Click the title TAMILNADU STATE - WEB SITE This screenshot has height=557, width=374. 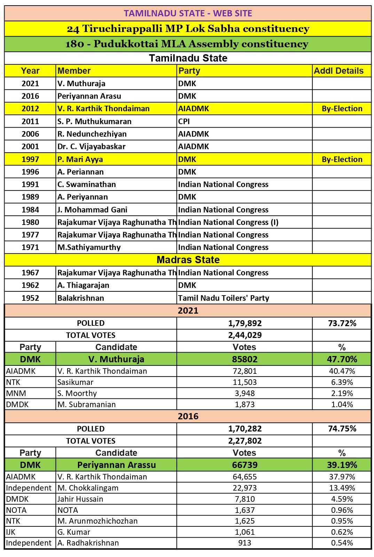(188, 13)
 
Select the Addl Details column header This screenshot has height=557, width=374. (339, 71)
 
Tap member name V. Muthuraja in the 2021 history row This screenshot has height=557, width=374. (81, 83)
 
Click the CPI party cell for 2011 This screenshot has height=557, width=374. (184, 121)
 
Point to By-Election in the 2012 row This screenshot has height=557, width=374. (342, 108)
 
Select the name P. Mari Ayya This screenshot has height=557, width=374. (80, 159)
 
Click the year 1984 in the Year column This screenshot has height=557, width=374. (30, 210)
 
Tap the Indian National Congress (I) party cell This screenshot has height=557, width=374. (228, 222)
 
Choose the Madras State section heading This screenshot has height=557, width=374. (188, 260)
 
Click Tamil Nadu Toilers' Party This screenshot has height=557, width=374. (223, 298)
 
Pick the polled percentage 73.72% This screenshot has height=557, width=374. (342, 323)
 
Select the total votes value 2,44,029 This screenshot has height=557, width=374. (245, 335)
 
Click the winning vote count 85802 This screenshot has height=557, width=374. (245, 359)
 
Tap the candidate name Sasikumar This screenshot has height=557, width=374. (75, 382)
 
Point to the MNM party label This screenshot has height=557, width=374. (16, 393)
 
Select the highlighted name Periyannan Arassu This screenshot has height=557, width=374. (116, 465)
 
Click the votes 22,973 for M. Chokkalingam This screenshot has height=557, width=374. (245, 488)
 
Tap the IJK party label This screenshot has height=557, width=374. (11, 532)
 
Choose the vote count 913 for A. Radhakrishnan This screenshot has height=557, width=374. (245, 543)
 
